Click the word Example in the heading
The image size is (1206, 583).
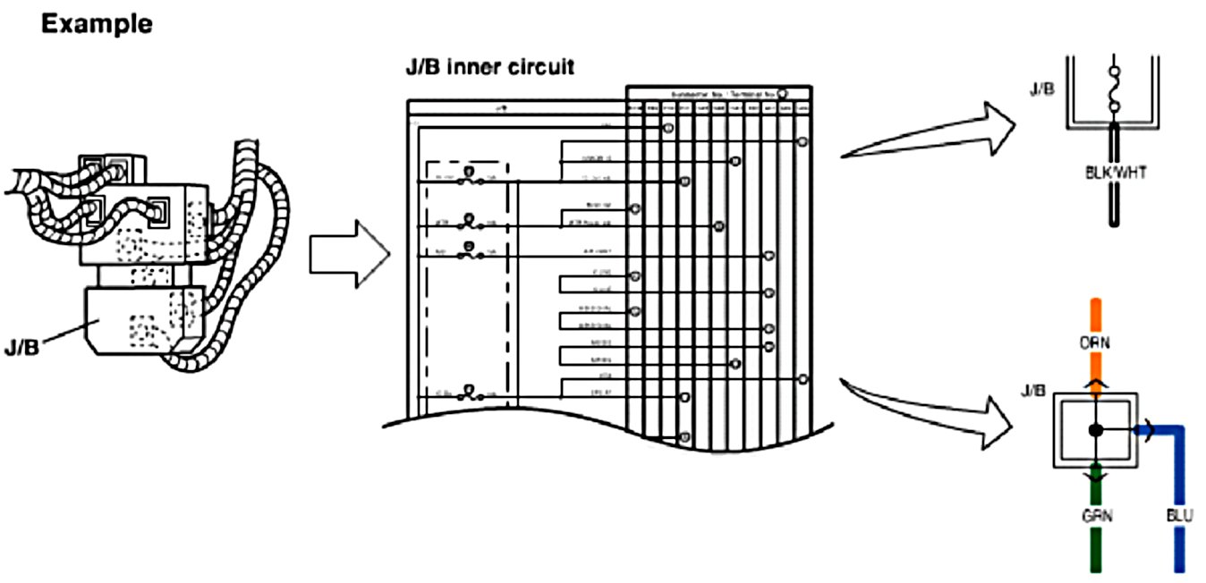coord(97,24)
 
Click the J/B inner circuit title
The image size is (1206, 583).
coord(490,66)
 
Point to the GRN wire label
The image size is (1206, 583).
coord(1094,516)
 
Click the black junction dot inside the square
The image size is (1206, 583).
coord(1095,430)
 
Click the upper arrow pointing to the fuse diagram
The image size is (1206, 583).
coord(930,132)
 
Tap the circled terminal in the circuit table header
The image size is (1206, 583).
coord(782,93)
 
